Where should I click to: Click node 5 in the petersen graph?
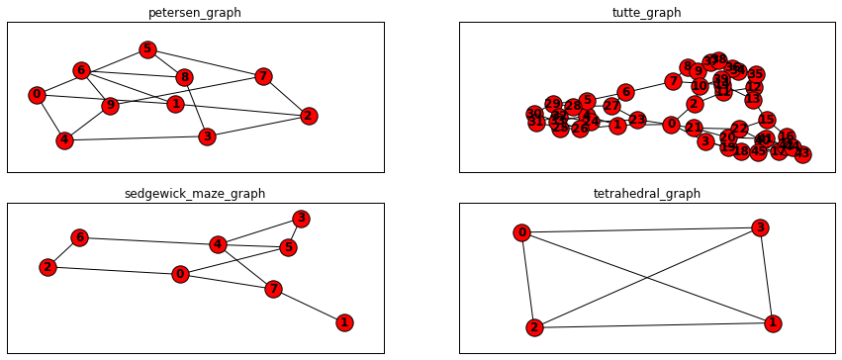(147, 49)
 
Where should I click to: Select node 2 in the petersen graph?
(309, 116)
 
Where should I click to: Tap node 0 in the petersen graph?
(37, 95)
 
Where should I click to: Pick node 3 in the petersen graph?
(206, 136)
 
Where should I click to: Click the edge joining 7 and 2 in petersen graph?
(286, 96)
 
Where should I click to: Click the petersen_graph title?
(196, 13)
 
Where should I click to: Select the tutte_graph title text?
(647, 13)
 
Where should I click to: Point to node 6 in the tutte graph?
(624, 92)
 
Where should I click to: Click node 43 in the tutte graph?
(802, 154)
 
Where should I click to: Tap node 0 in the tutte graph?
(671, 125)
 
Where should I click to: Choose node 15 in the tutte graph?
(767, 120)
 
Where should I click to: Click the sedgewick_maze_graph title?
(196, 194)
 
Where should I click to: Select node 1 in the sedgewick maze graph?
(344, 322)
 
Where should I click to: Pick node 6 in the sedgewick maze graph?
(80, 237)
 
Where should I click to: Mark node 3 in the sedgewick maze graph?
(301, 219)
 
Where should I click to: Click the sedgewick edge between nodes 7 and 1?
(309, 306)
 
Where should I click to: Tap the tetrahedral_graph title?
(647, 194)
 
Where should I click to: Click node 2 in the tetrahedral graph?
(534, 327)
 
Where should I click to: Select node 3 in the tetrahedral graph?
(759, 228)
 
